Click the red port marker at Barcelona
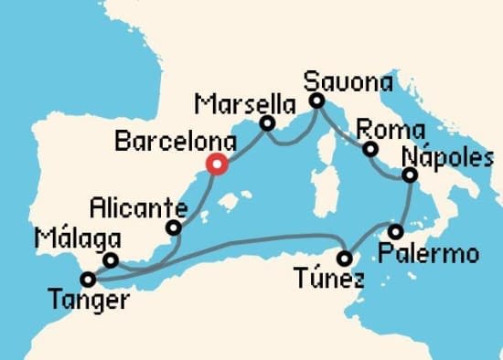pos(217,164)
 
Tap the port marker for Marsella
pos(268,123)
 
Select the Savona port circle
pos(316,101)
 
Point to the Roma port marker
pos(370,149)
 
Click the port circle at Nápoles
pos(410,175)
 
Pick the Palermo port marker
pos(395,231)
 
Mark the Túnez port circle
pos(345,258)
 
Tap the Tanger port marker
pos(88,280)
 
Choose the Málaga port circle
pos(110,260)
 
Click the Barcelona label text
pos(174,143)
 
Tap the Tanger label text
pos(89,301)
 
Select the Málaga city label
pos(78,239)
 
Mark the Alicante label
pos(137,206)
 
